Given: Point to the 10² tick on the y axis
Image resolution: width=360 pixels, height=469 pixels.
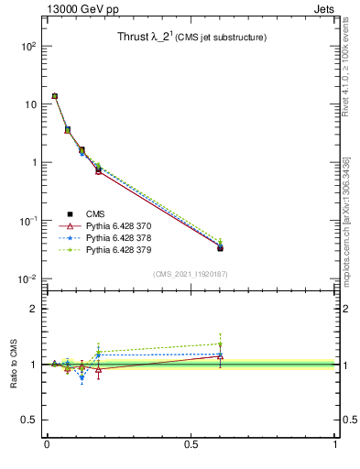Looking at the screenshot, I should tap(28, 46).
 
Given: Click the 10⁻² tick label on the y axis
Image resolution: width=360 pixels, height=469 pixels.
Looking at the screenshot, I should tap(28, 279).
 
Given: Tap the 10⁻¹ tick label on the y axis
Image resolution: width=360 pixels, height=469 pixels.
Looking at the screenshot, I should tap(28, 221).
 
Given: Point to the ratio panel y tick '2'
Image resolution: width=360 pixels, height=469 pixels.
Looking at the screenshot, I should tap(33, 309).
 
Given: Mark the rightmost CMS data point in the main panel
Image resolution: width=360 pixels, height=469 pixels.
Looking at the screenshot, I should tap(220, 247).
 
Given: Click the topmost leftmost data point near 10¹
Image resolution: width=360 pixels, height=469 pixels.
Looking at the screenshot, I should tap(55, 96).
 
